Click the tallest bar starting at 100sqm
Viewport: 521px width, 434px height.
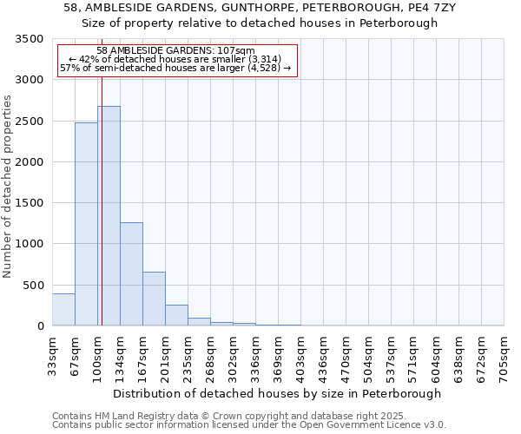(x=109, y=216)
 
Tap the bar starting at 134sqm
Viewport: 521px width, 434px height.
(x=131, y=274)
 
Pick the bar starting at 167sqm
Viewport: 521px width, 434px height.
(x=154, y=299)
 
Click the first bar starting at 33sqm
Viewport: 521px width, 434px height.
(x=63, y=310)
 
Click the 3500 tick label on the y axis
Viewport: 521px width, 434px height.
(x=30, y=40)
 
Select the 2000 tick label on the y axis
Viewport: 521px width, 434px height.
(x=30, y=162)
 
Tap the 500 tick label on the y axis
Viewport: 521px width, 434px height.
(x=33, y=286)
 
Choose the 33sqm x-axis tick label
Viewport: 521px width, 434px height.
(x=52, y=354)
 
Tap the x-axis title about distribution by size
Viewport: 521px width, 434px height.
(x=277, y=393)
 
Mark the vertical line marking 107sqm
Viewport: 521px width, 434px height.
(x=102, y=200)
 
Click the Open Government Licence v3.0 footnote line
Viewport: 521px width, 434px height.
(x=249, y=425)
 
